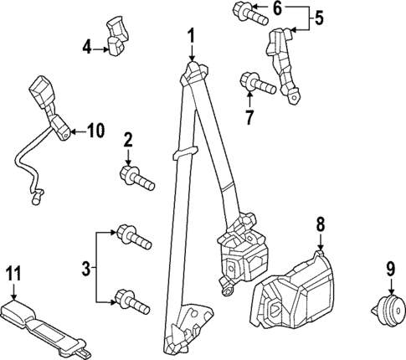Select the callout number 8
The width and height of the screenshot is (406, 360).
click(319, 224)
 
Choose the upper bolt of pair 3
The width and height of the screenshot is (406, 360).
click(132, 235)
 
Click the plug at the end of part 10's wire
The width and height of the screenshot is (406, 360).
click(34, 199)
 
